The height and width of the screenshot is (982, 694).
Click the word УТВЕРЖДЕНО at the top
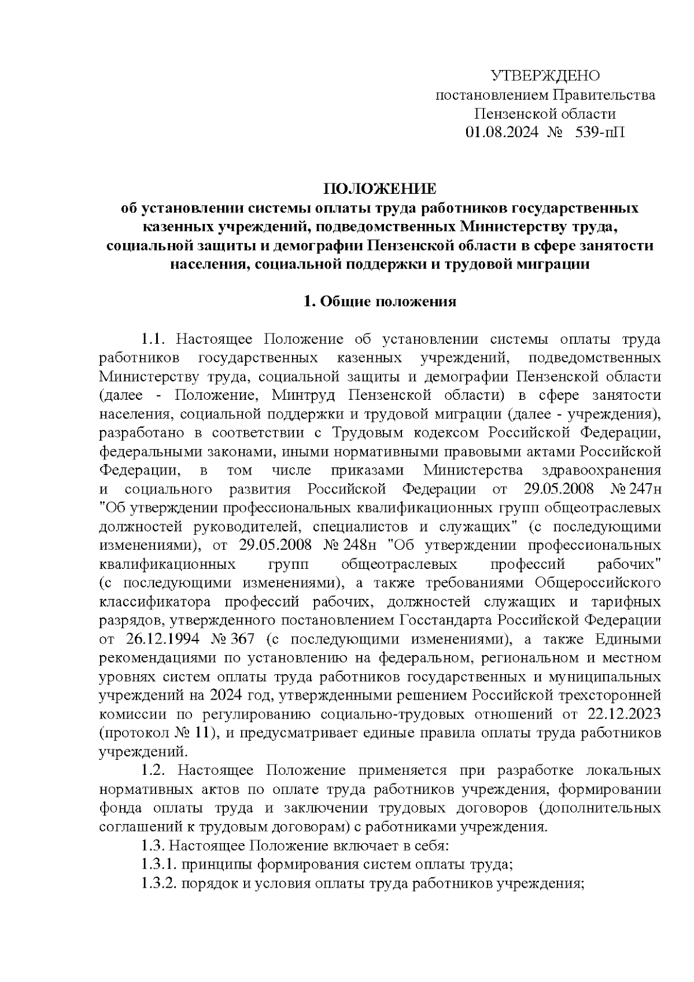(x=545, y=76)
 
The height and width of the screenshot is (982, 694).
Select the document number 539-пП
(x=600, y=133)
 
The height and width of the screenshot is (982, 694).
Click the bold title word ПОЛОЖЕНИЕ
(x=380, y=189)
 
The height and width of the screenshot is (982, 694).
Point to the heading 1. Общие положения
(x=380, y=301)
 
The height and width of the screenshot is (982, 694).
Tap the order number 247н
(x=647, y=489)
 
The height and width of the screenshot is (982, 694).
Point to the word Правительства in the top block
(x=604, y=95)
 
